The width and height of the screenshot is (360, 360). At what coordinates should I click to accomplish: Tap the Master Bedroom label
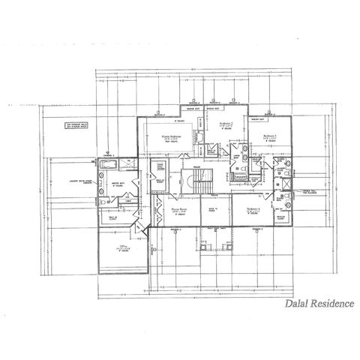click(171, 137)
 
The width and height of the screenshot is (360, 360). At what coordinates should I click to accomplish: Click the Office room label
click(121, 246)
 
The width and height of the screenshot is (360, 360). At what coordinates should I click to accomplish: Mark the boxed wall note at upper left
click(77, 126)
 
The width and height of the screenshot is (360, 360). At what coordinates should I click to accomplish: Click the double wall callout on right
click(309, 190)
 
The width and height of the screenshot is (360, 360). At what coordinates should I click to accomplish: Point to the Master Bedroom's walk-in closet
click(159, 169)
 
